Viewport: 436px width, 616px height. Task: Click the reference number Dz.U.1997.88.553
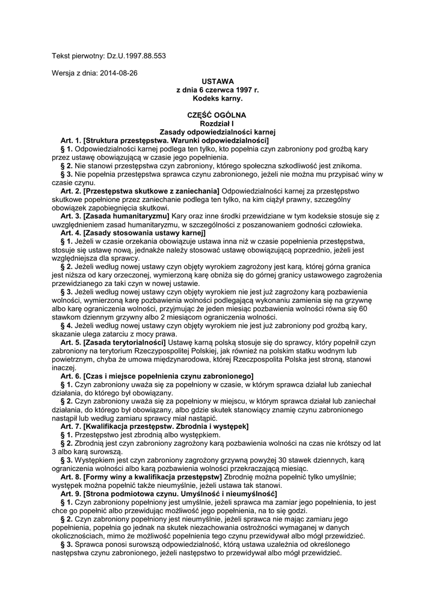pos(137,56)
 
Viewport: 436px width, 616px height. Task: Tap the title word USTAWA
pos(217,81)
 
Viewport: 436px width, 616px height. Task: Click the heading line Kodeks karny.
pos(217,97)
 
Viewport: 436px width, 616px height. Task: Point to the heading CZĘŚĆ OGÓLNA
pos(217,114)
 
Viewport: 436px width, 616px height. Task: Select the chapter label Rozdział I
pos(217,123)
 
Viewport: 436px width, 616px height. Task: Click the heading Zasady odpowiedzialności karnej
pos(217,131)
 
